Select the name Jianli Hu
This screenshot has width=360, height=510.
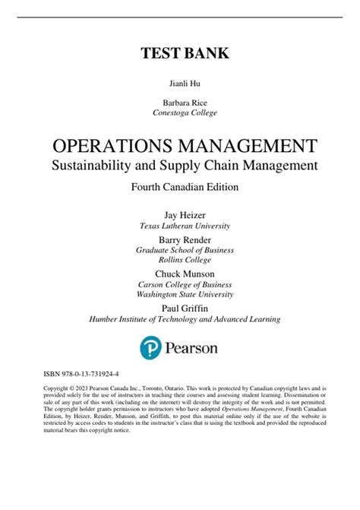coord(180,86)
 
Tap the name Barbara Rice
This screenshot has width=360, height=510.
coord(180,102)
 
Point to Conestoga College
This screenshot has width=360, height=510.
coord(180,112)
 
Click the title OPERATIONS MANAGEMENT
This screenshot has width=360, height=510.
coord(180,144)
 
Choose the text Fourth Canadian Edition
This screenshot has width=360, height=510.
coord(180,186)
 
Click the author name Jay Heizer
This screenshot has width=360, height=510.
coord(180,214)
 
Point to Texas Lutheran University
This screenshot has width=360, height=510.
coord(180,226)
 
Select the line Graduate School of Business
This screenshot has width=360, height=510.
coord(180,250)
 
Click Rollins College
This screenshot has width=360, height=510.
coord(180,260)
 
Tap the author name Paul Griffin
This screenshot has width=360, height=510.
coord(180,308)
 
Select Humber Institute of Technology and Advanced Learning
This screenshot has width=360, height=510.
coord(180,319)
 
